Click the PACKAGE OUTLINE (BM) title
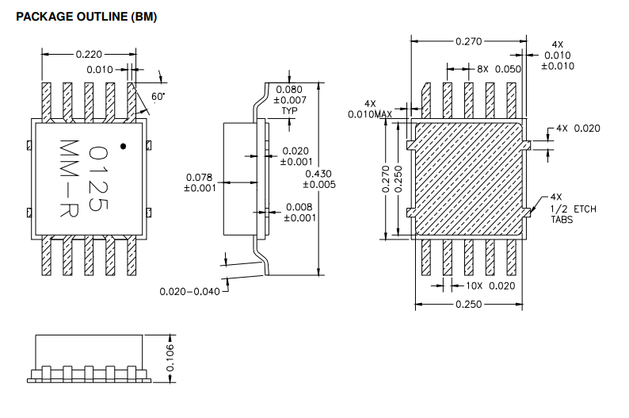86,17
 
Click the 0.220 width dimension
88,55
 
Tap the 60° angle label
158,96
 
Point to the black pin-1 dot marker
123,146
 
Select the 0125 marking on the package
98,178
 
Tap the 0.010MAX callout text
370,109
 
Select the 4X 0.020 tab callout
578,128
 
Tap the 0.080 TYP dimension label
290,100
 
